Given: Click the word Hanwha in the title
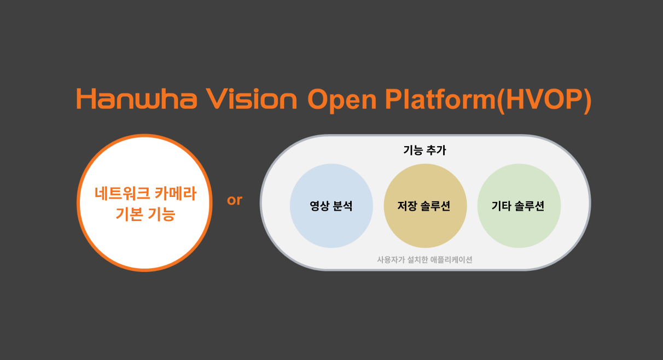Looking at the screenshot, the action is (x=137, y=98).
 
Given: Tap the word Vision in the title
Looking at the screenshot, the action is (x=252, y=98).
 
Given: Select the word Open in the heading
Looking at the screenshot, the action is (x=342, y=101).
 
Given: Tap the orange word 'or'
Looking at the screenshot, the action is (x=235, y=200).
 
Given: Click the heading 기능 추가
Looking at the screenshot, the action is (x=424, y=150).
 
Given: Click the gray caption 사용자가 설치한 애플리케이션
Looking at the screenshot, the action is (x=424, y=260).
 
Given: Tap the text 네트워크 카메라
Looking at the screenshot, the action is (x=146, y=194).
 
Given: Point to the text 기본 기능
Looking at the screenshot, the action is (x=146, y=214).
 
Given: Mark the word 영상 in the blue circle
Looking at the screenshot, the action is (x=319, y=206).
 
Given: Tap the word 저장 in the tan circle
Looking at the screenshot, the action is (x=407, y=206).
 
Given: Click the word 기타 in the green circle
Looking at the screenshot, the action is (x=501, y=206).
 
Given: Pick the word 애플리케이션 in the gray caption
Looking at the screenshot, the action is (x=451, y=260).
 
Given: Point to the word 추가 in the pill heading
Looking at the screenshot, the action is (x=436, y=150).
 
